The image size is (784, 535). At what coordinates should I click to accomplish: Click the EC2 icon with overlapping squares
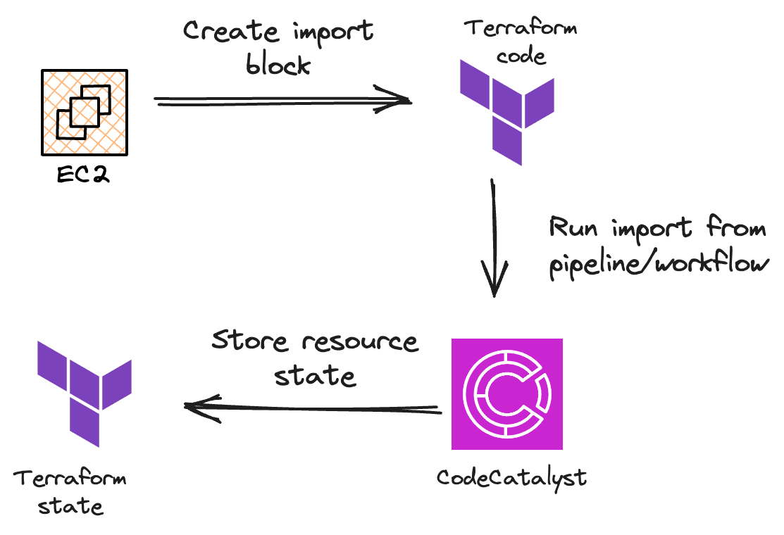click(x=84, y=112)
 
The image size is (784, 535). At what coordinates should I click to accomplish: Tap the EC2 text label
click(x=84, y=172)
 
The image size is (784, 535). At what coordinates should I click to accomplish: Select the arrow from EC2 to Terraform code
click(x=282, y=101)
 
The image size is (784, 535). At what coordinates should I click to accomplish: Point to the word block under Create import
click(x=278, y=65)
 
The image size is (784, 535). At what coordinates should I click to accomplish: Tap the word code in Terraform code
click(x=521, y=55)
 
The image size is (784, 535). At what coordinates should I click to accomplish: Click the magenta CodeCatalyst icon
click(x=507, y=394)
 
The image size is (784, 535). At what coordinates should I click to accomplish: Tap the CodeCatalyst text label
click(x=511, y=477)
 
